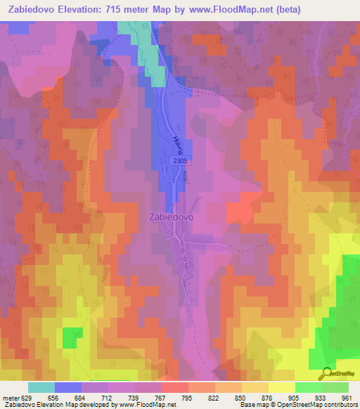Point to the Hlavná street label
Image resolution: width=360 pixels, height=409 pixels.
click(x=174, y=144)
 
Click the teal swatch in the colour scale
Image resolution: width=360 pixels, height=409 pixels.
click(x=41, y=388)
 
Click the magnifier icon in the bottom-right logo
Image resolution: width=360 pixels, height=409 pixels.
click(x=325, y=373)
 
